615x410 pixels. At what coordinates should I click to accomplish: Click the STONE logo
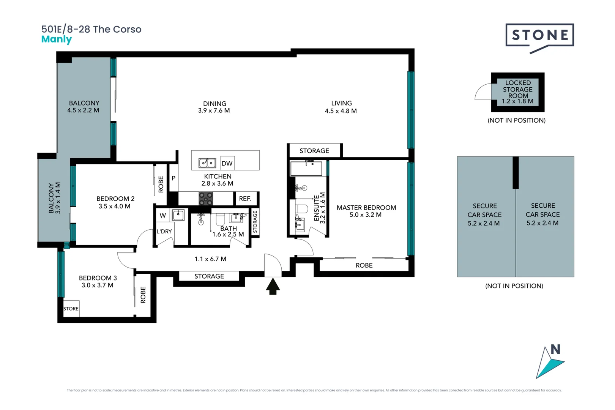point(539,36)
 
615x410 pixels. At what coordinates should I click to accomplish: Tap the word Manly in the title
point(56,39)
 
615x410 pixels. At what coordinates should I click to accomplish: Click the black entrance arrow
point(273,287)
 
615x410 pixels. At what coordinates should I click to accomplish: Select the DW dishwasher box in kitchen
point(227,163)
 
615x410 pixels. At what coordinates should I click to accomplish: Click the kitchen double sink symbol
point(207,163)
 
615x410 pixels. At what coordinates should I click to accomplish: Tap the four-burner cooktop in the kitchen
point(206,199)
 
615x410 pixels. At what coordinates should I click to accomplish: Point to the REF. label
point(245,199)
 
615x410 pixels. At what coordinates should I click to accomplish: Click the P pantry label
point(173,178)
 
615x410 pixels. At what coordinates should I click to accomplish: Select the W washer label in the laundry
point(162,216)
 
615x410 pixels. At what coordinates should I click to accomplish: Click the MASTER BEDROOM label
point(366,208)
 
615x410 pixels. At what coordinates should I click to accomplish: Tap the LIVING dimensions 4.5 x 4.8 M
point(341,111)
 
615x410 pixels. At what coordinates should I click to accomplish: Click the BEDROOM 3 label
point(98,278)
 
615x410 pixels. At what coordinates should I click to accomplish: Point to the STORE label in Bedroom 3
point(71,309)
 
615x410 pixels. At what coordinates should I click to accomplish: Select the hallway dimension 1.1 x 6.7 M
point(210,259)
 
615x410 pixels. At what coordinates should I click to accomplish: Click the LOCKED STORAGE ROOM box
point(518,92)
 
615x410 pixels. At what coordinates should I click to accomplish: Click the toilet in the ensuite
point(302,209)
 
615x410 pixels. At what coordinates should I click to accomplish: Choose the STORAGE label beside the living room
point(314,151)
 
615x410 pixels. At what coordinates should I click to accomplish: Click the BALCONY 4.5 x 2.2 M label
point(84,107)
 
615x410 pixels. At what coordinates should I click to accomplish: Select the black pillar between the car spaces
point(516,173)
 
